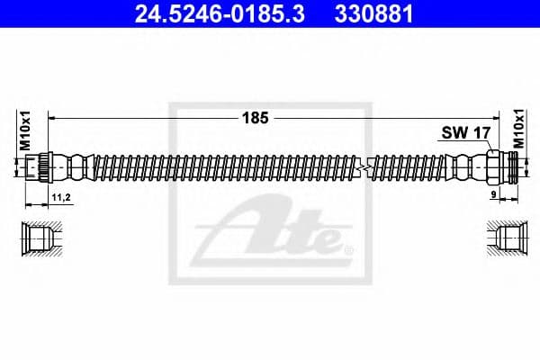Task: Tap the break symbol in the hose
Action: click(x=363, y=168)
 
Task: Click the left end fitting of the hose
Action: click(x=38, y=168)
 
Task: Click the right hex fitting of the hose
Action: click(x=498, y=168)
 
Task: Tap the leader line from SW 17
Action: click(x=481, y=147)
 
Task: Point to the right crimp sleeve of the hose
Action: click(x=465, y=168)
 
